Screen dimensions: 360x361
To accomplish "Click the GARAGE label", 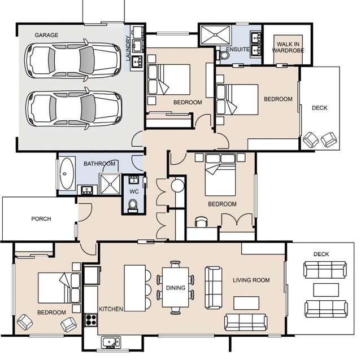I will pyautogui.click(x=46, y=35).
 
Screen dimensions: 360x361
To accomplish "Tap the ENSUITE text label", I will pyautogui.click(x=237, y=50).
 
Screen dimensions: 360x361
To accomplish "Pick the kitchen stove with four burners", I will pyautogui.click(x=90, y=320).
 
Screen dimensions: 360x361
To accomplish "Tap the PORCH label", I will pyautogui.click(x=41, y=219).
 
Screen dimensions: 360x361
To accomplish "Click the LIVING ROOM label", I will pyautogui.click(x=251, y=280).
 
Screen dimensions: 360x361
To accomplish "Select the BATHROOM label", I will pyautogui.click(x=99, y=164).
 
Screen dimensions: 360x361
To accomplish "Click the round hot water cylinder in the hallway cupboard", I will pyautogui.click(x=178, y=185).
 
